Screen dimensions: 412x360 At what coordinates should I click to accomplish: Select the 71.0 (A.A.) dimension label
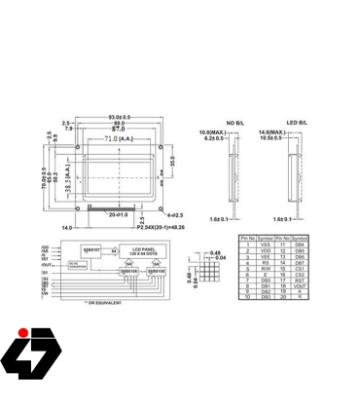point(114,139)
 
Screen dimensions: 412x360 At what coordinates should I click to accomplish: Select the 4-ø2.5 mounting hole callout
point(176,214)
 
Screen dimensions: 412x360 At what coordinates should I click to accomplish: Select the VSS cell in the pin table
point(262,244)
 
